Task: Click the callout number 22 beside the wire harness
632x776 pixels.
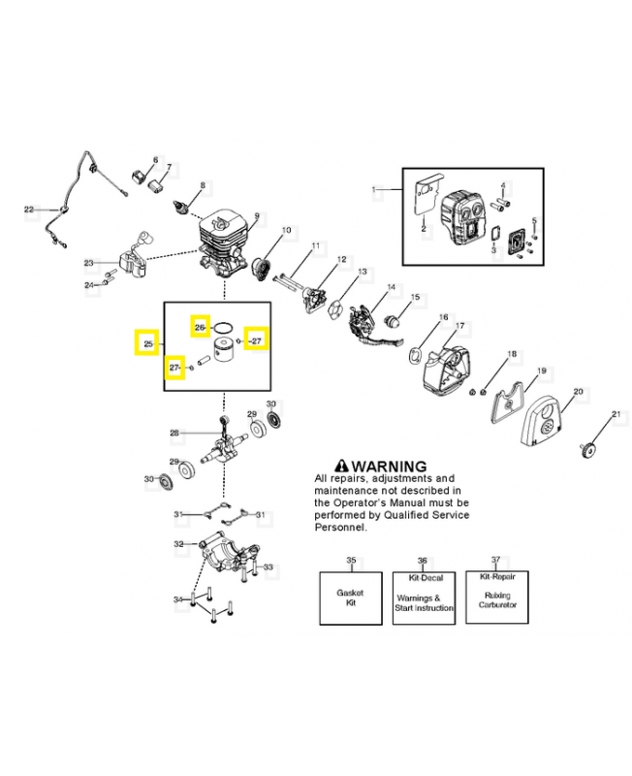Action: click(x=29, y=209)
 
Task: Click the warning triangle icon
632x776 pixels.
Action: click(x=341, y=467)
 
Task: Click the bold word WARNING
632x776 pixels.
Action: click(x=389, y=467)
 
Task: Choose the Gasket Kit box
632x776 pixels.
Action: click(x=351, y=598)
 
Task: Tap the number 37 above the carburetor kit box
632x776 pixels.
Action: click(x=495, y=561)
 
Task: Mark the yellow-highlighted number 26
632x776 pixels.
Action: click(x=200, y=327)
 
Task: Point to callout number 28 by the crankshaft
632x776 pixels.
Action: click(x=174, y=433)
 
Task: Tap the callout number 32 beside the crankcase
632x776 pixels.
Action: click(x=178, y=544)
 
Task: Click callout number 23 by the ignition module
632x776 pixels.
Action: click(x=88, y=263)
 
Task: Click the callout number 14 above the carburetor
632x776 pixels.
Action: click(x=392, y=287)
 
